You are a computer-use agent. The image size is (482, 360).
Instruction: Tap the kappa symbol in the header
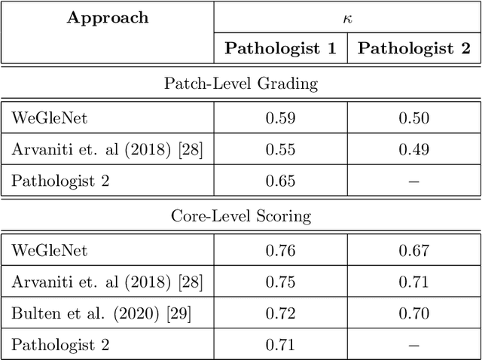click(347, 16)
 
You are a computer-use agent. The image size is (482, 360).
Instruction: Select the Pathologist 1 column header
click(280, 49)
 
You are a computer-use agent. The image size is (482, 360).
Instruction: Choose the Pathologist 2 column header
click(413, 49)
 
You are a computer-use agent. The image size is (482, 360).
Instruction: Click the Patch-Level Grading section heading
click(241, 84)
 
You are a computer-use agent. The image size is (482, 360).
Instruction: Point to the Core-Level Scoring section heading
click(241, 217)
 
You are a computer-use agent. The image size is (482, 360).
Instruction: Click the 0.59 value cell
click(280, 117)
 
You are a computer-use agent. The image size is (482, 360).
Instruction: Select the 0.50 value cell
click(413, 117)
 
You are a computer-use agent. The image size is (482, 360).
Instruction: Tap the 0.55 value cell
click(280, 149)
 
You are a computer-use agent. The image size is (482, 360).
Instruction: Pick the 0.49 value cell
click(413, 149)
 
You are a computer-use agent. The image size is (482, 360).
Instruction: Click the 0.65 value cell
click(280, 181)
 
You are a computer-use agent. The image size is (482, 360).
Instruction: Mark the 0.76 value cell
click(280, 251)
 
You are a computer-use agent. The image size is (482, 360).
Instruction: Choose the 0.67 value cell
click(413, 251)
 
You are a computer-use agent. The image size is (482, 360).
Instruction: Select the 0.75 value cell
click(280, 282)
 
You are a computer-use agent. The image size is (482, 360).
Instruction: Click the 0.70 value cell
click(413, 314)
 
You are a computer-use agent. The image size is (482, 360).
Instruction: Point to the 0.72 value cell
click(280, 314)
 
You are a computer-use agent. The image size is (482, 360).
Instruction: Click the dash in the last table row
click(413, 346)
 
